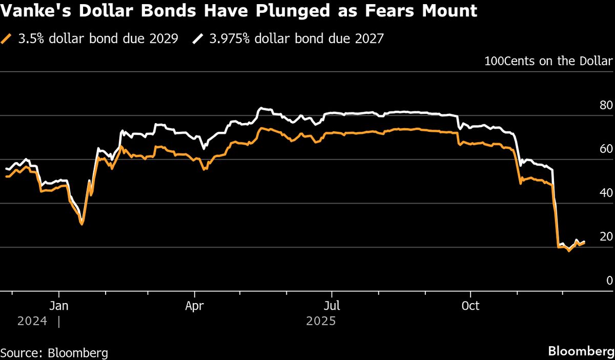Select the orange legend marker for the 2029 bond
pyautogui.click(x=7, y=39)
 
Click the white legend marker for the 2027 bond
pyautogui.click(x=198, y=39)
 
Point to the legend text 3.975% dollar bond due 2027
pyautogui.click(x=296, y=39)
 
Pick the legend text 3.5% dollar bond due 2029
pyautogui.click(x=98, y=39)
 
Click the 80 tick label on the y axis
pyautogui.click(x=606, y=106)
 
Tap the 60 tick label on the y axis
pyautogui.click(x=606, y=149)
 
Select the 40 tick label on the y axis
pyautogui.click(x=606, y=193)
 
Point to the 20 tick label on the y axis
pyautogui.click(x=606, y=237)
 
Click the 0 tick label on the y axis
pyautogui.click(x=609, y=281)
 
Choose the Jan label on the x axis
pyautogui.click(x=59, y=306)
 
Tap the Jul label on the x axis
pyautogui.click(x=332, y=306)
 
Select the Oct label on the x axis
pyautogui.click(x=470, y=306)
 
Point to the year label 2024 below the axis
pyautogui.click(x=33, y=322)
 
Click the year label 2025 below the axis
pyautogui.click(x=321, y=322)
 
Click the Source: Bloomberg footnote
pyautogui.click(x=54, y=353)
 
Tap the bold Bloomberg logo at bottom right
pyautogui.click(x=581, y=352)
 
